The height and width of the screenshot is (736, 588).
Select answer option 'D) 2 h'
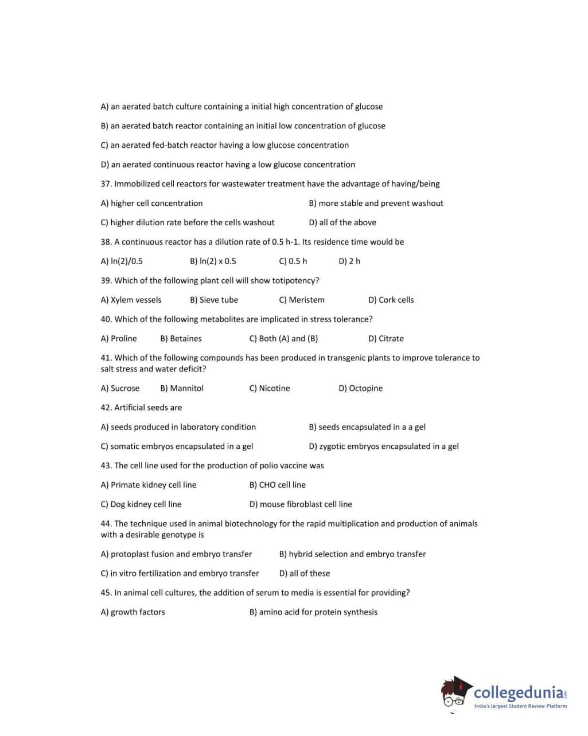349,261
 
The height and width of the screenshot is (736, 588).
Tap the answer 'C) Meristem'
302,300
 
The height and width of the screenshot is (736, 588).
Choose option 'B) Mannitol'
182,388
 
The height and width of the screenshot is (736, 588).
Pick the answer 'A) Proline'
119,339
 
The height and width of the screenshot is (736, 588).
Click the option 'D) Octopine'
360,388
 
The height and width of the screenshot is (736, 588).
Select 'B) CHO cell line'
278,485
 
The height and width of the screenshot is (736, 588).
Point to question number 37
106,184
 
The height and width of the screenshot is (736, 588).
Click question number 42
106,408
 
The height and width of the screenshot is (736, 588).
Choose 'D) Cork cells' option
391,300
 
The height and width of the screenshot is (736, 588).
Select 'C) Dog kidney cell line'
141,504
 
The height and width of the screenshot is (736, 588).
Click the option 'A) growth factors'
133,612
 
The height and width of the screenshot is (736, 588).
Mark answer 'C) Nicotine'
270,388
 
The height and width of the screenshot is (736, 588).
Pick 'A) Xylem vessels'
131,300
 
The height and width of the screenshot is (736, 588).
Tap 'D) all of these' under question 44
305,573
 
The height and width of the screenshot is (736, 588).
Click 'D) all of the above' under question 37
342,222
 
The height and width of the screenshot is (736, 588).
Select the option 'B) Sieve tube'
214,300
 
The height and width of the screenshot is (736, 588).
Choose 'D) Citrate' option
386,339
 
